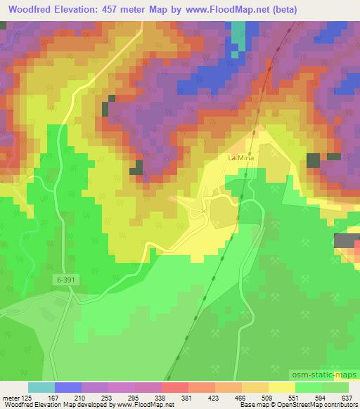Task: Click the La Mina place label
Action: (240, 159)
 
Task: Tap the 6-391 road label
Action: (64, 280)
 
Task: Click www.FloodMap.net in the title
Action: (219, 10)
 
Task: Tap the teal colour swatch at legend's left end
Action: (41, 387)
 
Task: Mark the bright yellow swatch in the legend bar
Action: (281, 387)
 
